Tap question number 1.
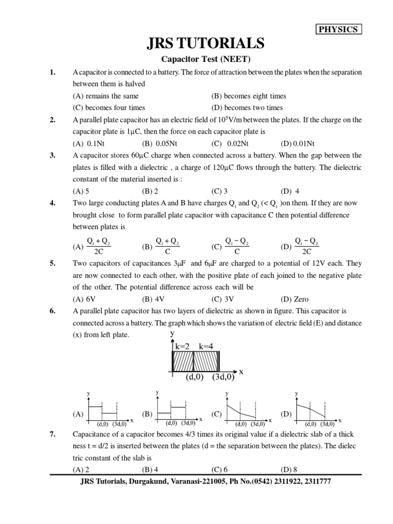[52, 72]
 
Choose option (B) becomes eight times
[249, 96]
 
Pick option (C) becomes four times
[109, 107]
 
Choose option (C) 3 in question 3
[220, 191]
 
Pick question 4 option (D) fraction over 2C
[299, 246]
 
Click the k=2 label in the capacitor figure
[183, 346]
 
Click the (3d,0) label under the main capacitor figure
[223, 377]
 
